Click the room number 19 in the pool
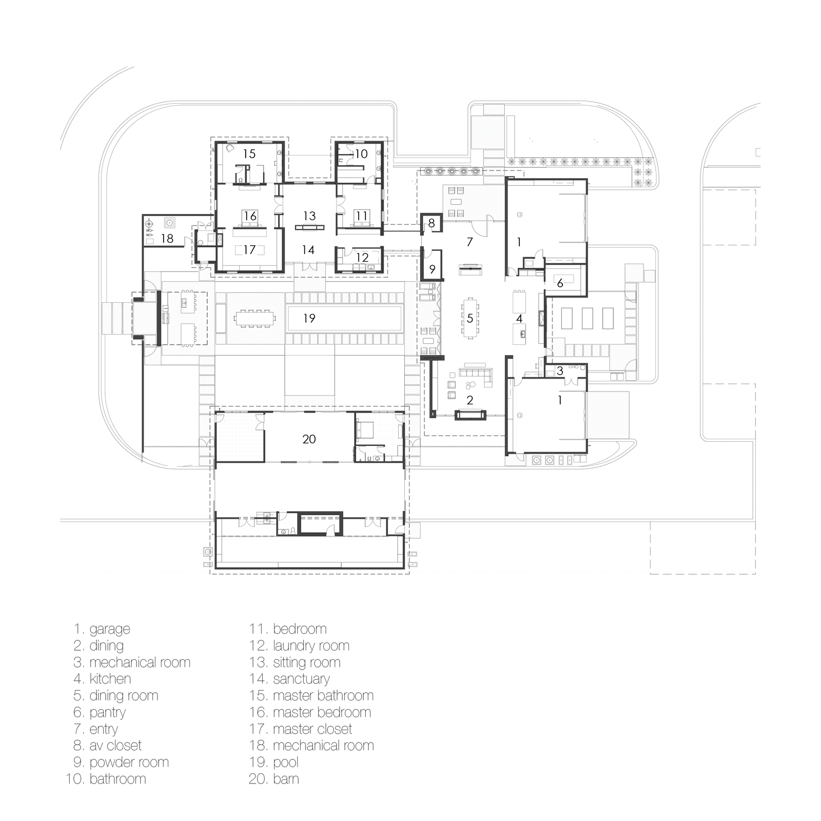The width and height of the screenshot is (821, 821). click(309, 319)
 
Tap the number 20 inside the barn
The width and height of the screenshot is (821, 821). click(309, 439)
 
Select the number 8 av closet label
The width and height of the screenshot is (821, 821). click(432, 223)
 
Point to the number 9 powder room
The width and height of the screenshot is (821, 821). click(432, 269)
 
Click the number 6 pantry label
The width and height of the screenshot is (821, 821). click(560, 283)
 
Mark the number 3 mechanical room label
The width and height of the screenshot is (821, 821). click(560, 371)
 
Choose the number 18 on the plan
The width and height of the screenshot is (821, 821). click(167, 239)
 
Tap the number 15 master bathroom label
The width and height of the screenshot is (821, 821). click(249, 154)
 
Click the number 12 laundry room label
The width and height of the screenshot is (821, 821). click(362, 258)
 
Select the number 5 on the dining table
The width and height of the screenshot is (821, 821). click(470, 319)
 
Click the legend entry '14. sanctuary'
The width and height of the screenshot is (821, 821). click(289, 679)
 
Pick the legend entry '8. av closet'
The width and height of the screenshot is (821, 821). click(107, 746)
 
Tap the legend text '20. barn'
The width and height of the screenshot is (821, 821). click(274, 779)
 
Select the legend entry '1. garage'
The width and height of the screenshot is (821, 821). click(102, 629)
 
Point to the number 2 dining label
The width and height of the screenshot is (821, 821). click(470, 400)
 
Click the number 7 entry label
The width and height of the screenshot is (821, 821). click(470, 241)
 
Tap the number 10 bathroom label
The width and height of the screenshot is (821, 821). click(361, 154)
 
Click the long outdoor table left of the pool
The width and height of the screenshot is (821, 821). click(255, 318)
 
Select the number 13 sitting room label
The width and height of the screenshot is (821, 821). click(309, 216)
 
